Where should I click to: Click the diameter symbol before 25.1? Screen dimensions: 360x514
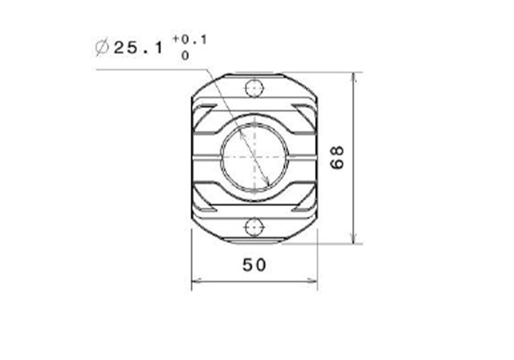click(x=102, y=48)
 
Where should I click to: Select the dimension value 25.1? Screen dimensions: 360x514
click(x=138, y=48)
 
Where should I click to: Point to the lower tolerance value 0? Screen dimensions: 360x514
click(x=185, y=56)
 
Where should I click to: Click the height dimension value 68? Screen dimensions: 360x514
click(x=337, y=158)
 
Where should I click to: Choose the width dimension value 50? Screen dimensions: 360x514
click(x=254, y=265)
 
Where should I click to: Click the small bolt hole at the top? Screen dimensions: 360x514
click(x=254, y=88)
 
